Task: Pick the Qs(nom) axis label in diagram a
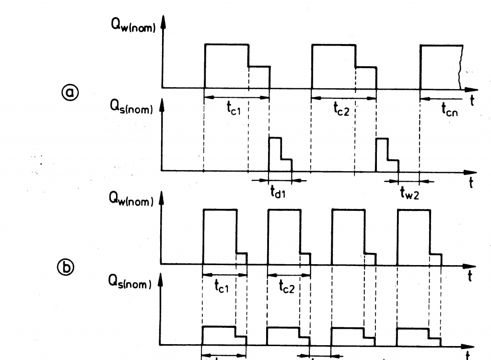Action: pyautogui.click(x=131, y=109)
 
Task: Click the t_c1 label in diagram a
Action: pyautogui.click(x=234, y=109)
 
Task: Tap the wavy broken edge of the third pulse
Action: pyautogui.click(x=461, y=67)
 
